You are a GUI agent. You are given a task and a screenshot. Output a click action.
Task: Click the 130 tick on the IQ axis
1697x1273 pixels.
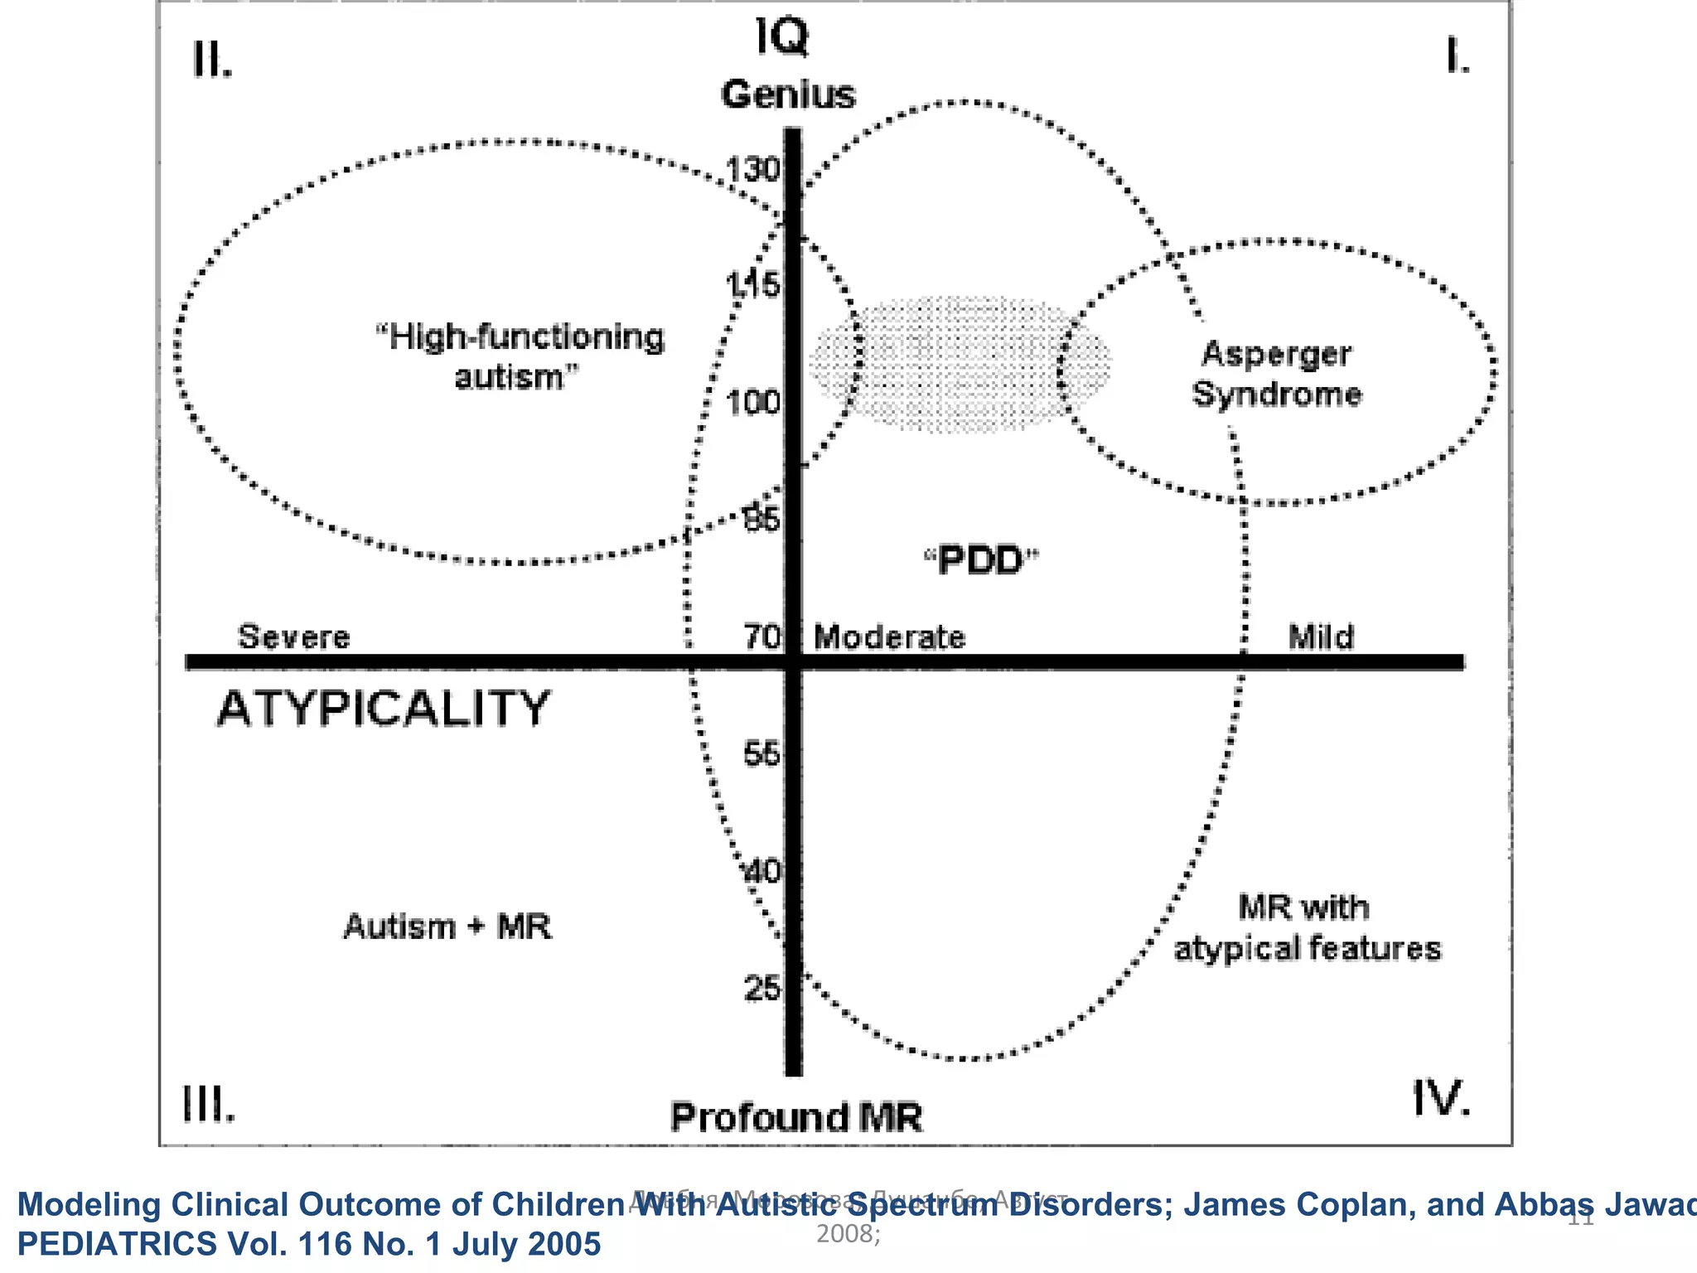point(752,170)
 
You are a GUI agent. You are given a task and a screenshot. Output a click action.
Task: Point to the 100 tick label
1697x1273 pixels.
point(752,404)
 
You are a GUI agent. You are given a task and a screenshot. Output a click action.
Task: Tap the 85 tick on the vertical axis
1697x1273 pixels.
point(761,520)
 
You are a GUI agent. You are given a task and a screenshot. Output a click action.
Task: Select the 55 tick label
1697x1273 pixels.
point(761,754)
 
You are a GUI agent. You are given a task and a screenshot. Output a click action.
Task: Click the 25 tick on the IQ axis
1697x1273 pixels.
point(761,989)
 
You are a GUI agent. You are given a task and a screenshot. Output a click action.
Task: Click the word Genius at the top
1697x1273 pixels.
point(787,94)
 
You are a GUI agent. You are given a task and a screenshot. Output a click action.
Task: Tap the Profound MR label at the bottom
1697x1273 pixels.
point(795,1117)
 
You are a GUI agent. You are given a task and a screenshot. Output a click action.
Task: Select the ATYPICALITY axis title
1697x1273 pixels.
point(384,709)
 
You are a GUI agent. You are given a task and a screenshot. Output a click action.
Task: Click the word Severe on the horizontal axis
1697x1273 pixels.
point(293,637)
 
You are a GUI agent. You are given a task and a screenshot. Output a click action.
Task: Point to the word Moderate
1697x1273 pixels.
point(889,637)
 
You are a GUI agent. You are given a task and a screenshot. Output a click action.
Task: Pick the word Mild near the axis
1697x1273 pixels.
point(1321,637)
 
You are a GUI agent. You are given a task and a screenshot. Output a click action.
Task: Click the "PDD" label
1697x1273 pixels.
point(981,561)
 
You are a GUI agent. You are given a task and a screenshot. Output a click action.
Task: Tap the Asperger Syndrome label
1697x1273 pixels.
point(1276,374)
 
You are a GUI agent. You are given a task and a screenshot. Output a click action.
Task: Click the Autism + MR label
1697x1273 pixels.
point(447,927)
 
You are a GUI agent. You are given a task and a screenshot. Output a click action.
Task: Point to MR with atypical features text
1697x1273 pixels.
point(1307,928)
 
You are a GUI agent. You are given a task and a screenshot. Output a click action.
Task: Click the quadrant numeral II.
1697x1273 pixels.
point(212,60)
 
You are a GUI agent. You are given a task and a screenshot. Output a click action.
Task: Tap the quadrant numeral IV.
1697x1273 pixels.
point(1440,1099)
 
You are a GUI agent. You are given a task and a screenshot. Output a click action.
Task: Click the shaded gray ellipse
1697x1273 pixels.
point(960,365)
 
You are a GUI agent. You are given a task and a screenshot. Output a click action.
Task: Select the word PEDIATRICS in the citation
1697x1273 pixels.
point(117,1244)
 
